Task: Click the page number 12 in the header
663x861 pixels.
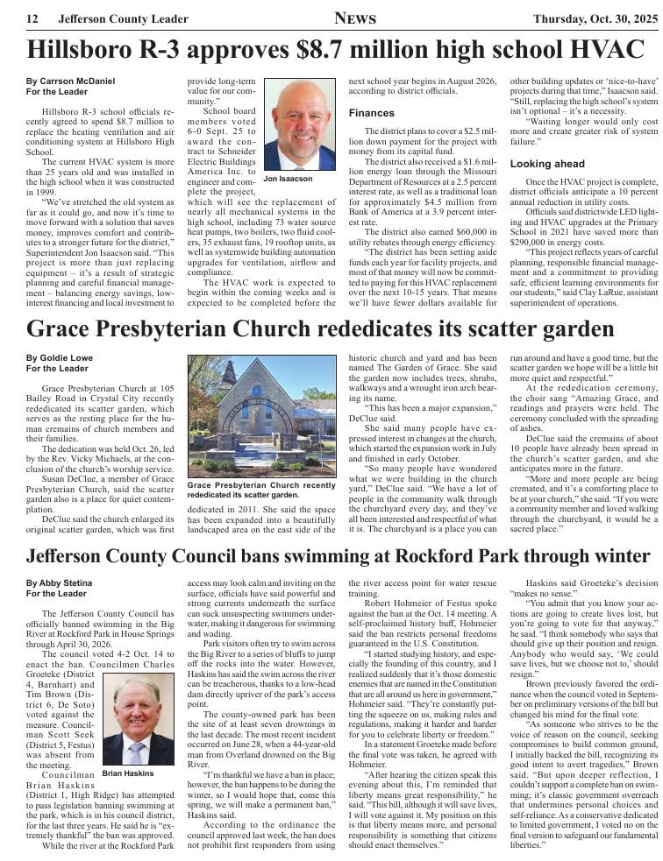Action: coord(32,19)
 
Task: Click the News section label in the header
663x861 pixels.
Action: coord(355,18)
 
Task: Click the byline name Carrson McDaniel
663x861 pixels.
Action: coord(65,81)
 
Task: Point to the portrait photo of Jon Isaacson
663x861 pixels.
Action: coord(300,125)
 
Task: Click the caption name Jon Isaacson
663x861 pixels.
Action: coord(288,179)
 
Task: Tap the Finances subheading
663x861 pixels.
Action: coord(371,113)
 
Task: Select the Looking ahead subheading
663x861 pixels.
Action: coord(547,164)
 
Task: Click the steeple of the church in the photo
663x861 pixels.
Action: coord(229,371)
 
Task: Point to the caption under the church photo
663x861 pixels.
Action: coord(261,489)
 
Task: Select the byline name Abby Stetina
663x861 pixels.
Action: coord(59,582)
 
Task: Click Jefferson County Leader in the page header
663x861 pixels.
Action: coord(123,19)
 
